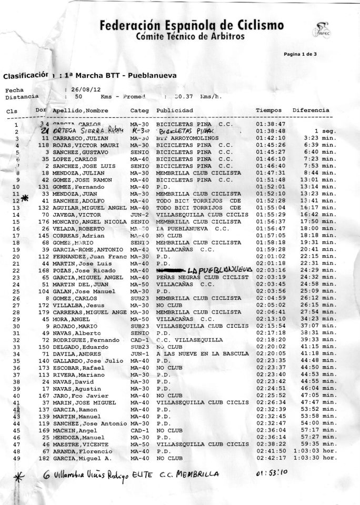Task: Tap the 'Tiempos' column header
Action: pos(268,110)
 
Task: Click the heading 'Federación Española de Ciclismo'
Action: pos(192,25)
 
